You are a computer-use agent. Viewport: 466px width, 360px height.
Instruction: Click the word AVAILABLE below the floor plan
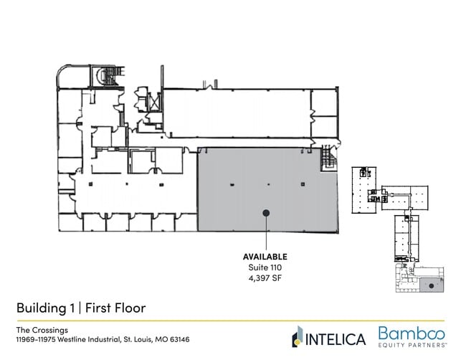(265, 257)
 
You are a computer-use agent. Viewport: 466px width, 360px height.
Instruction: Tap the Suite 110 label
(265, 267)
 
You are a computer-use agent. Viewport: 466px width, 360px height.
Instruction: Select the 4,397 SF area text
(265, 278)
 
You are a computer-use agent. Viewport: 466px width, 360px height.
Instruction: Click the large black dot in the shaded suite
(266, 213)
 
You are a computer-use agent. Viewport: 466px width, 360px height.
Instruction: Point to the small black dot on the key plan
(432, 286)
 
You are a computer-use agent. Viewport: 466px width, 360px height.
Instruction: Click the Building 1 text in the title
(45, 308)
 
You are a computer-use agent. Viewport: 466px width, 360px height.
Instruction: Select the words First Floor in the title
(115, 308)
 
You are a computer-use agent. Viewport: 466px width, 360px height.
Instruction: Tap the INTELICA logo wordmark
(336, 339)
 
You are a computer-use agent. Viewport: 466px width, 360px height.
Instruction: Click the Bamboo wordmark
(412, 333)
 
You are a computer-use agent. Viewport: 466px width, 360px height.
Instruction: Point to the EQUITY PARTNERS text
(412, 345)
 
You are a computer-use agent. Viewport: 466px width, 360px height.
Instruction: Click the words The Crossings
(42, 330)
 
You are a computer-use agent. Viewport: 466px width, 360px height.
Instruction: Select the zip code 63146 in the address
(179, 339)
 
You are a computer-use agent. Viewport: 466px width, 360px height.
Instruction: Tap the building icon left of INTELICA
(298, 336)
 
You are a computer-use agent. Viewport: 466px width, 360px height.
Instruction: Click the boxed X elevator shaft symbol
(154, 102)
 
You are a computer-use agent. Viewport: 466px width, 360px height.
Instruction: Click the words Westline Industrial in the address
(88, 339)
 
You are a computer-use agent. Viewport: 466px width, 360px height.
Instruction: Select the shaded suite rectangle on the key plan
(432, 285)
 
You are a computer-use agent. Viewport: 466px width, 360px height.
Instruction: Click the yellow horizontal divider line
(231, 321)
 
